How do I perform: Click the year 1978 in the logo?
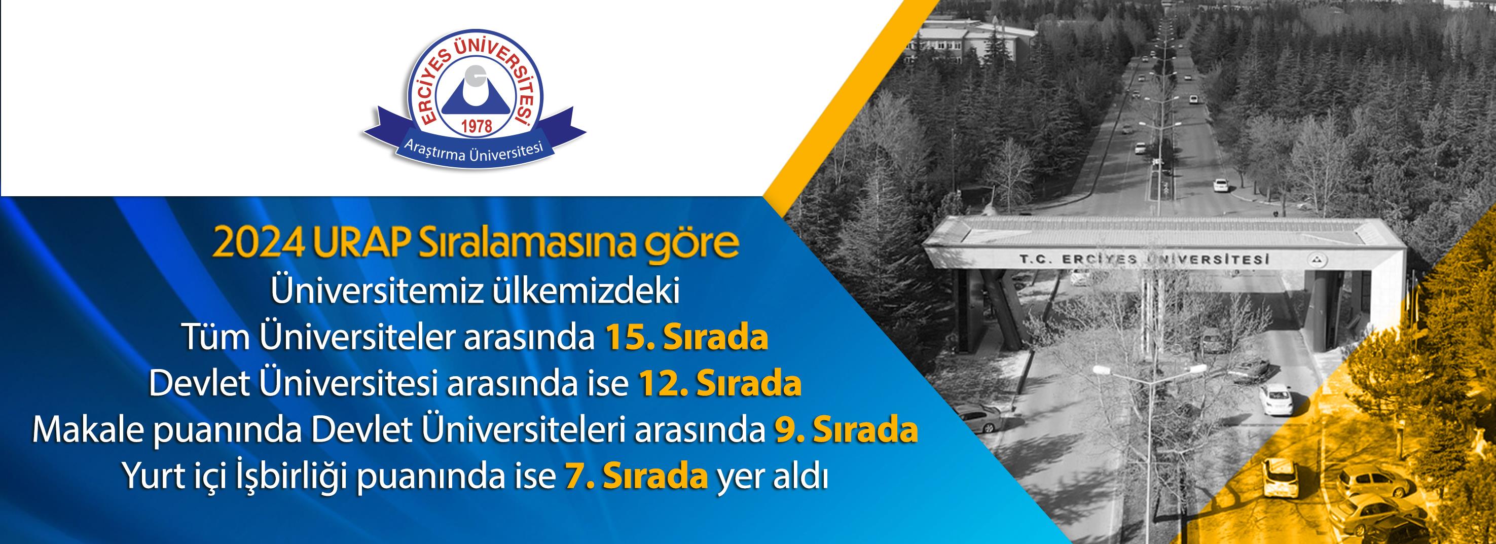pyautogui.click(x=476, y=124)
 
